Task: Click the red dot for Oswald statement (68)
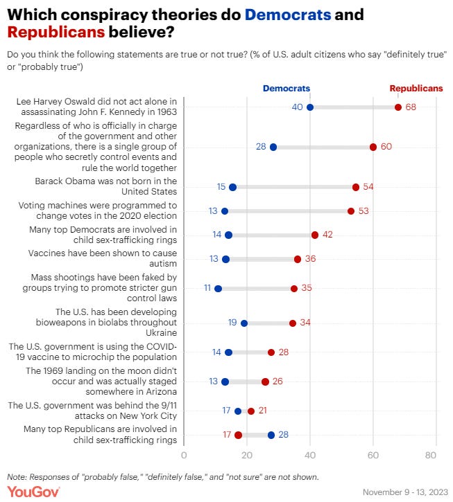tap(398, 107)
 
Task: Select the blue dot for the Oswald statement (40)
tap(310, 107)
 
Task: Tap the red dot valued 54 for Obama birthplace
tap(356, 187)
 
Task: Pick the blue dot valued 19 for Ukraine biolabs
tap(244, 323)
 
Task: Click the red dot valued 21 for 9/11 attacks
tap(251, 411)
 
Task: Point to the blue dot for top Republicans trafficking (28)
tap(271, 435)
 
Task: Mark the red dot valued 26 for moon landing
tap(265, 382)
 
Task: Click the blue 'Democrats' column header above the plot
tap(286, 89)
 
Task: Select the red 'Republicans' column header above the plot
tap(416, 89)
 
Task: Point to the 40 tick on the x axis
tap(310, 455)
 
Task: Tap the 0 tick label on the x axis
tap(184, 455)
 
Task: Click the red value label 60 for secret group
tap(386, 147)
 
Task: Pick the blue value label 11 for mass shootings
tap(207, 288)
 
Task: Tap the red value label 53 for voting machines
tap(364, 211)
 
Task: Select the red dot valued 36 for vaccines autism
tap(298, 259)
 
